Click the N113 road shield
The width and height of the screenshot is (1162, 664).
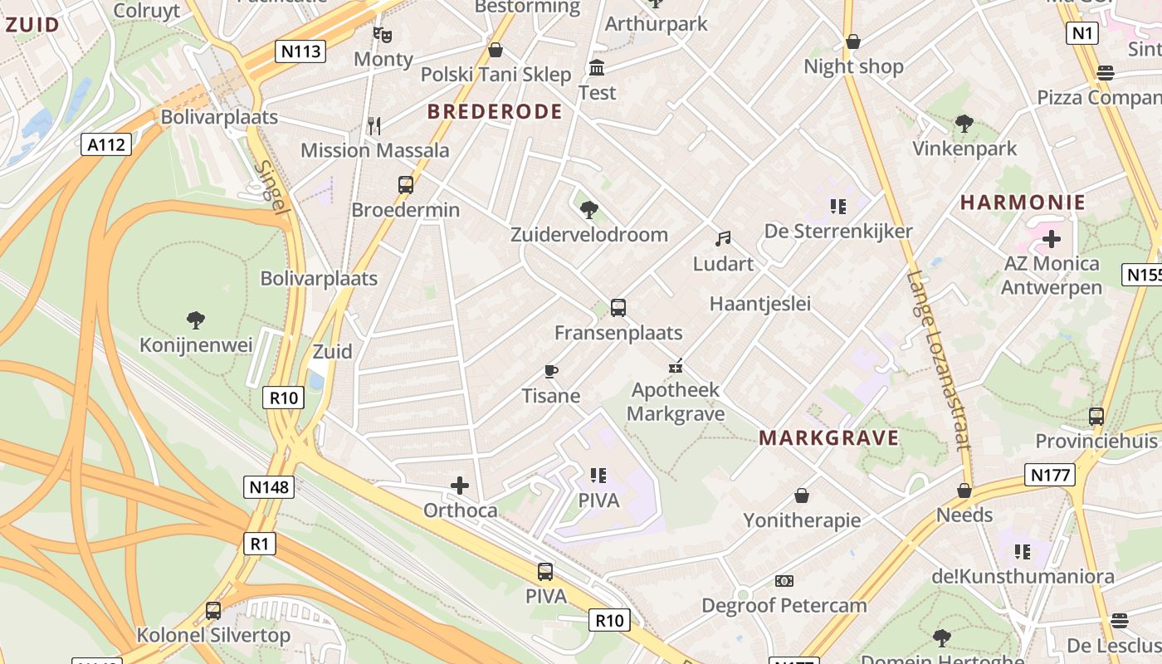pos(300,51)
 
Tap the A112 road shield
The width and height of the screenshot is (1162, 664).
pos(107,144)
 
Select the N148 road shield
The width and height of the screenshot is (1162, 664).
pos(270,486)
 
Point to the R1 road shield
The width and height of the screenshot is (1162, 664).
pos(260,544)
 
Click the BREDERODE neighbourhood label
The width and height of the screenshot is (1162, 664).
pos(495,112)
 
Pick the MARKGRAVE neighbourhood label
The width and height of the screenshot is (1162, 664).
pos(829,438)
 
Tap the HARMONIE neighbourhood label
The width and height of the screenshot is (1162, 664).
pos(1023,203)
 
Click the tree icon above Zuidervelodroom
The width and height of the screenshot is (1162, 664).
pos(589,209)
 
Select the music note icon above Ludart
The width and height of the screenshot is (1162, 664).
pos(724,239)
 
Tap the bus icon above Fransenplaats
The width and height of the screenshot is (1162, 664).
pos(618,308)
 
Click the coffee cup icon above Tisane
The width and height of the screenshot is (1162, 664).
pos(550,371)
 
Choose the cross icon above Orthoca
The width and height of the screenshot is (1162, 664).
pos(460,485)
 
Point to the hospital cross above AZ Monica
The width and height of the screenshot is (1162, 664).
pos(1052,240)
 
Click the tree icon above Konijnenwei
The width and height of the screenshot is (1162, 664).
pos(196,320)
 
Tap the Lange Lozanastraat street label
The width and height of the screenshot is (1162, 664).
pos(939,360)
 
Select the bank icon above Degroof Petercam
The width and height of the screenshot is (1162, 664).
pos(784,581)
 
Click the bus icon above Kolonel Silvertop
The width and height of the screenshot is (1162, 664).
pos(213,611)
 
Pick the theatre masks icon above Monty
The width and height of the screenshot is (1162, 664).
pos(383,35)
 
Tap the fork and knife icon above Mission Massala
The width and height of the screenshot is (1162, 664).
pos(374,126)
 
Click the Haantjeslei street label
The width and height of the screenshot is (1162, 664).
pos(759,305)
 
